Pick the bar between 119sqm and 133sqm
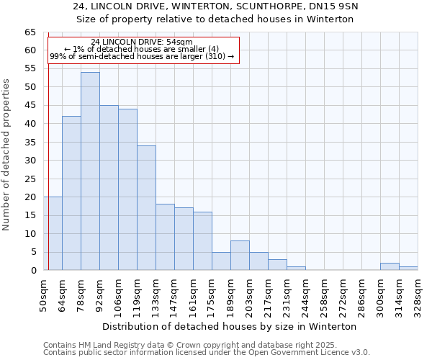[x=146, y=208]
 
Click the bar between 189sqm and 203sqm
[x=240, y=256]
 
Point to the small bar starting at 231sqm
[x=296, y=268]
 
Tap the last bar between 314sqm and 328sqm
[x=408, y=268]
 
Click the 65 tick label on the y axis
[x=30, y=32]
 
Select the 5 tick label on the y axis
[x=32, y=252]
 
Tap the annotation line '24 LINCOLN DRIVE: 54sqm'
[x=142, y=42]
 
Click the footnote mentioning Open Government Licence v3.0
[x=207, y=353]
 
